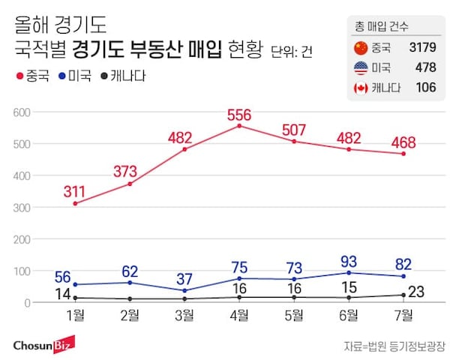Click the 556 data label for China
239,115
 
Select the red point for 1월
76,203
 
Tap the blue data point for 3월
184,290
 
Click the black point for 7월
403,295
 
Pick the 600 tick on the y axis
20,112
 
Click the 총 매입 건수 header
382,27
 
